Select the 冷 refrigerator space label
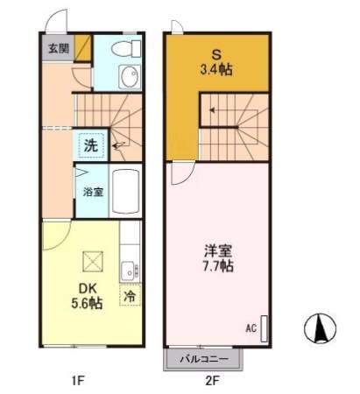(x=130, y=297)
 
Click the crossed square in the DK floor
(x=91, y=260)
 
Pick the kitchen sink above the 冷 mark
(x=128, y=269)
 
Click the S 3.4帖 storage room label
(x=215, y=64)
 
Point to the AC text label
(x=251, y=329)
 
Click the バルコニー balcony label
(x=204, y=360)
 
